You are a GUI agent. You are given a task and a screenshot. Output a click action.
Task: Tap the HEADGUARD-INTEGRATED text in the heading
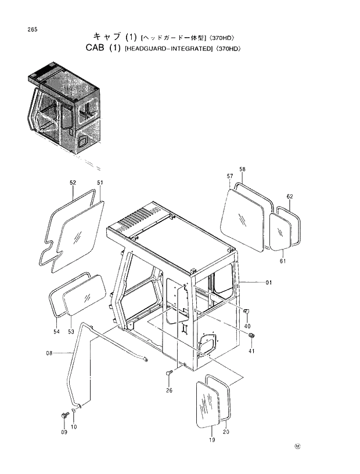[x=169, y=49]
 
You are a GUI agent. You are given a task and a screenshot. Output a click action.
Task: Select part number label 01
[x=269, y=283]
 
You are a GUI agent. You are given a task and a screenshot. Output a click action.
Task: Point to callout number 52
[x=73, y=182]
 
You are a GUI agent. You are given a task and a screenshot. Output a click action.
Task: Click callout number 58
[x=242, y=169]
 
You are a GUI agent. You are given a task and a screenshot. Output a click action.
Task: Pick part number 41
[x=251, y=352]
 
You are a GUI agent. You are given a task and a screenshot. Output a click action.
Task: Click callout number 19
[x=212, y=440]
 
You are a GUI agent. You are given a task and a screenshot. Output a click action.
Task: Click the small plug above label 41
[x=252, y=337]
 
